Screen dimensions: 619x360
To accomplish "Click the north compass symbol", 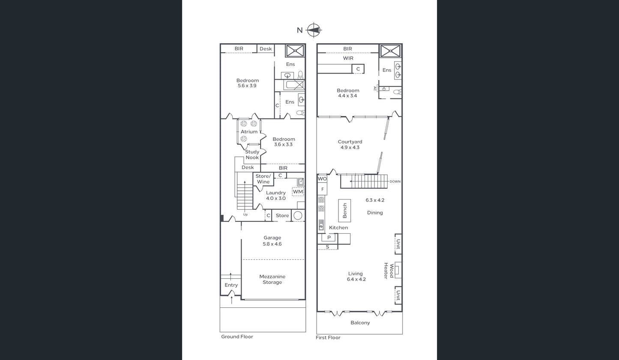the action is click(x=314, y=30).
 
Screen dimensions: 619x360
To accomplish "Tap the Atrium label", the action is click(x=249, y=132).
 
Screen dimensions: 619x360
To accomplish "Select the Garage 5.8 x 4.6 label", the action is click(x=272, y=241).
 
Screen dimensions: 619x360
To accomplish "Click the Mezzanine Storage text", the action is click(x=272, y=279).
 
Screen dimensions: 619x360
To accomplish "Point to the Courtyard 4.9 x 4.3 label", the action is click(x=350, y=144).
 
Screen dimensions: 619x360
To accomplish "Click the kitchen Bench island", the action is click(x=344, y=211).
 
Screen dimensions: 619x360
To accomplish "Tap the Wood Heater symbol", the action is click(x=398, y=270).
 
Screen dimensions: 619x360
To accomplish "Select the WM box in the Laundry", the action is click(x=298, y=192).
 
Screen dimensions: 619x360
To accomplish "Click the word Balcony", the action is click(x=360, y=322).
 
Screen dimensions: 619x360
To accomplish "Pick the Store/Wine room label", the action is click(x=263, y=179).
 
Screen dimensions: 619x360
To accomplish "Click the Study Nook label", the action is click(x=252, y=155).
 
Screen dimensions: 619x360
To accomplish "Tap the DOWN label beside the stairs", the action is click(x=395, y=181).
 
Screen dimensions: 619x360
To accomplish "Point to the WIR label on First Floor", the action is click(x=348, y=58).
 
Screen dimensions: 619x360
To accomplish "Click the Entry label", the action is click(x=231, y=285).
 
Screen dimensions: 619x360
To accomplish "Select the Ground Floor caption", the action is click(x=237, y=336).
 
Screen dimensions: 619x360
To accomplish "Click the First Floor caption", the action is click(x=328, y=337).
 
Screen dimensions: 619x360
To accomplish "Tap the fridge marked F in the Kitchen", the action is click(x=322, y=189).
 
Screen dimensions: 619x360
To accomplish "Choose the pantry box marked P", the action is click(x=329, y=238).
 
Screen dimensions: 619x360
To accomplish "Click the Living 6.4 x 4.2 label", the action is click(x=356, y=277).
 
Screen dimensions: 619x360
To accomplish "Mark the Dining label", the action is click(x=375, y=213).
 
